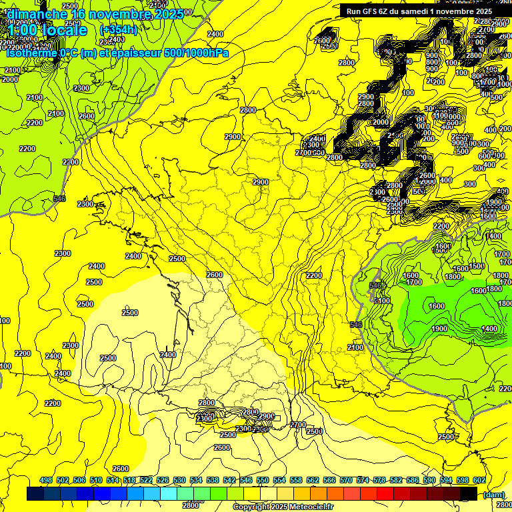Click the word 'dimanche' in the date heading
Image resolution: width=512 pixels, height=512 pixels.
37,14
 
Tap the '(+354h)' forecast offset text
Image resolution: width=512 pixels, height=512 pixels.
118,30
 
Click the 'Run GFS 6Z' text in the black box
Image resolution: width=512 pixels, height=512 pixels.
368,11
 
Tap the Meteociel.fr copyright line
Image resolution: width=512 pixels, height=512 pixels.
283,507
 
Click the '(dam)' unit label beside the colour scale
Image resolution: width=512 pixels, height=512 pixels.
493,494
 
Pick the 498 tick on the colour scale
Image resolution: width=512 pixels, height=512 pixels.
46,480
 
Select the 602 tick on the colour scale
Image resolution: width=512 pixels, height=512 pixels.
479,480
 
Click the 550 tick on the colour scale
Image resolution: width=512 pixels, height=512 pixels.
263,480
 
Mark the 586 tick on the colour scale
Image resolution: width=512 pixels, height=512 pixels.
413,480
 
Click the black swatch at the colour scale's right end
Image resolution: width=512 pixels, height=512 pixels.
469,493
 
